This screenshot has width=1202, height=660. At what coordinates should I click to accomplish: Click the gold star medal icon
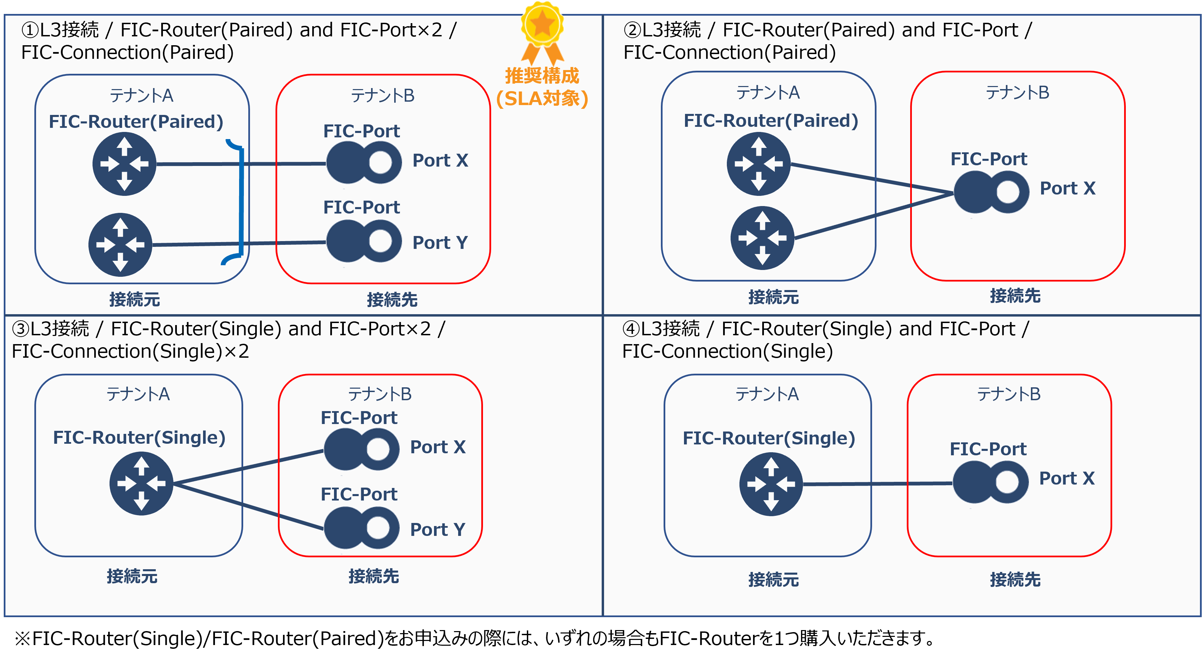(x=542, y=24)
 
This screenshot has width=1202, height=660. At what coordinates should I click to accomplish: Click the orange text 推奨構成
(x=542, y=75)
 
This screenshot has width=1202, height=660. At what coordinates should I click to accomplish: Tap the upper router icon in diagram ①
(x=124, y=164)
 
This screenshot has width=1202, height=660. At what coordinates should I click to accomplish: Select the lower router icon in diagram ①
(x=120, y=244)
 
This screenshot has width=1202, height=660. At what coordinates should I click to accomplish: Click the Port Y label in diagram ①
(x=439, y=242)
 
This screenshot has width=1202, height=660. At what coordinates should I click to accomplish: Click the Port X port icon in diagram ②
(x=991, y=192)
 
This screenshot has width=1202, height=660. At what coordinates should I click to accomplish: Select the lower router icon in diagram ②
(x=762, y=238)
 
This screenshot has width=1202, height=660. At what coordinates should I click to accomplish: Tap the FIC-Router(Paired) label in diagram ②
(x=770, y=121)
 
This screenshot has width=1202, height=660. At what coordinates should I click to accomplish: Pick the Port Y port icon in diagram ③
(x=361, y=528)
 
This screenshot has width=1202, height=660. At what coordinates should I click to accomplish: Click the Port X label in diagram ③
(x=438, y=447)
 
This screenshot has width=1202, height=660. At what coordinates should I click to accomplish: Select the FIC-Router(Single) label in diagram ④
(x=769, y=438)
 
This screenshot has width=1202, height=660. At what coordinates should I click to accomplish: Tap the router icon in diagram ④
(x=771, y=484)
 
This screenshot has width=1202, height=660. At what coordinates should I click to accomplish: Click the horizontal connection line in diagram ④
(x=877, y=484)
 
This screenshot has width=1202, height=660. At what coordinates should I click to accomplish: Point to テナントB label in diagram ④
(x=1008, y=394)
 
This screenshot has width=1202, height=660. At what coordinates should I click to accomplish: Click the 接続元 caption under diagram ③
(x=132, y=576)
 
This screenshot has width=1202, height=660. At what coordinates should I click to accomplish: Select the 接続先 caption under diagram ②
(x=1015, y=296)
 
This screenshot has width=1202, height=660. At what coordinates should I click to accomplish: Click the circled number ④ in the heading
(x=630, y=329)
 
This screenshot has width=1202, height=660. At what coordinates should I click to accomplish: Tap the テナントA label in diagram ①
(x=141, y=96)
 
